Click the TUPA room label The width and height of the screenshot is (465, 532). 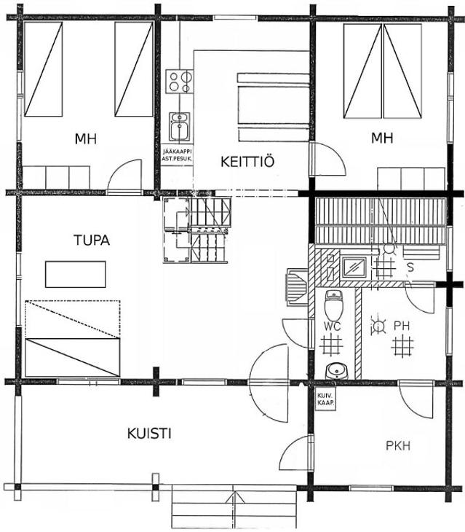(92, 240)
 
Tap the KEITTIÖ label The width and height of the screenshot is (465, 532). (247, 162)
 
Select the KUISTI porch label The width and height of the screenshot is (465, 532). (149, 434)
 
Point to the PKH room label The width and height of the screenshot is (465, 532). (398, 445)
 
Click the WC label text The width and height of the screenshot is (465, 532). (333, 326)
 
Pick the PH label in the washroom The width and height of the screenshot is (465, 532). (402, 326)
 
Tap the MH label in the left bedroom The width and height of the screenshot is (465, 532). (86, 138)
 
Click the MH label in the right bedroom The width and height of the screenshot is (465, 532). (382, 138)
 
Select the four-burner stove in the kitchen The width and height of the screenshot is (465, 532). (180, 82)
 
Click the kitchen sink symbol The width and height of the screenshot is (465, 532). (180, 127)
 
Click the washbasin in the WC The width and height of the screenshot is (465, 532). (338, 371)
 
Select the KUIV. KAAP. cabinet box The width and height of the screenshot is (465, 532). (325, 399)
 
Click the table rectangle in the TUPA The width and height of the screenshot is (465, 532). (76, 274)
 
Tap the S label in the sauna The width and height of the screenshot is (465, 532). (410, 267)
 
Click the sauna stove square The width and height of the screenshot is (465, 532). (354, 267)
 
